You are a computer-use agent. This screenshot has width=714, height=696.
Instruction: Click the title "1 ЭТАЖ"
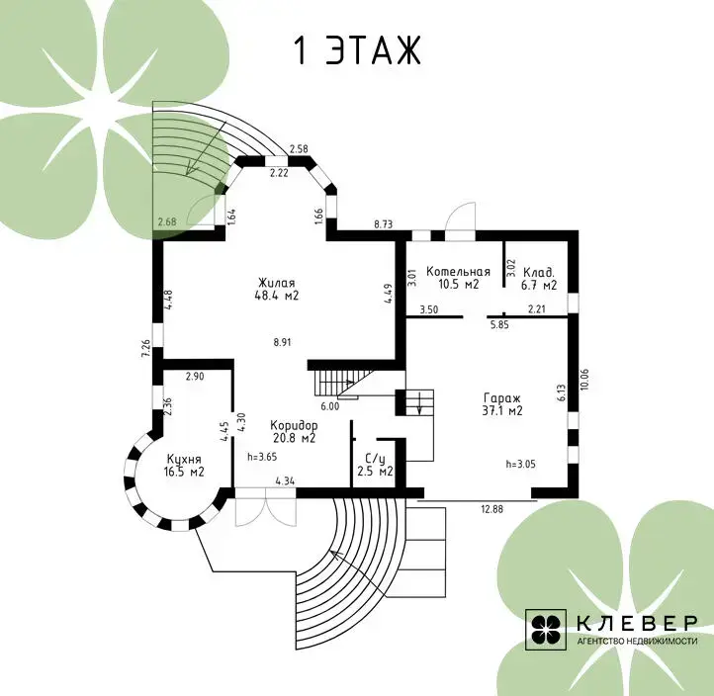click(357, 49)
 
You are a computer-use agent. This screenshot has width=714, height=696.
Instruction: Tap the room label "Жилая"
click(276, 283)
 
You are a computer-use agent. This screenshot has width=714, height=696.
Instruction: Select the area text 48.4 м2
click(277, 296)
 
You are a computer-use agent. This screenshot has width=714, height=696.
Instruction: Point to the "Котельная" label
click(458, 272)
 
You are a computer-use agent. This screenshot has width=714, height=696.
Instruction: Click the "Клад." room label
click(539, 273)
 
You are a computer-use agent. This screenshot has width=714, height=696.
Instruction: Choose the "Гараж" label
click(502, 398)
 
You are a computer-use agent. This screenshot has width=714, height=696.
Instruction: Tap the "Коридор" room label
click(294, 426)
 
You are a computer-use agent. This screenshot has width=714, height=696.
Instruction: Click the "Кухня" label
click(184, 460)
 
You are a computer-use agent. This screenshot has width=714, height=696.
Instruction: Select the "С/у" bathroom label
click(375, 459)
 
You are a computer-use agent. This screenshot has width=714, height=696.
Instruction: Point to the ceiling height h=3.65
click(262, 457)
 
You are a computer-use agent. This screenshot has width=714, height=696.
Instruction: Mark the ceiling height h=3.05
click(520, 465)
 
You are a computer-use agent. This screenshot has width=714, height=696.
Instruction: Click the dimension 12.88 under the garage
click(492, 509)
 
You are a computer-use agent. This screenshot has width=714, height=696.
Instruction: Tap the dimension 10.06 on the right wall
click(585, 380)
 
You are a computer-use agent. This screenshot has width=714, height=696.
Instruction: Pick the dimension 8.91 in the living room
click(282, 342)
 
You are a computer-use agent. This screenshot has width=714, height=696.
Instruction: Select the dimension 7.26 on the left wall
click(146, 349)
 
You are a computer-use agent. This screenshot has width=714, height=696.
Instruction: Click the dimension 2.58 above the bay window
click(299, 148)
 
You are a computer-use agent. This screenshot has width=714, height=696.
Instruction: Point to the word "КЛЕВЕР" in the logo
click(637, 623)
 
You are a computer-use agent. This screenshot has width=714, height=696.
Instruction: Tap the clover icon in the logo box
click(546, 630)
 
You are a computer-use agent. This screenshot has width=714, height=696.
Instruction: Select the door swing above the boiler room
click(461, 217)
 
